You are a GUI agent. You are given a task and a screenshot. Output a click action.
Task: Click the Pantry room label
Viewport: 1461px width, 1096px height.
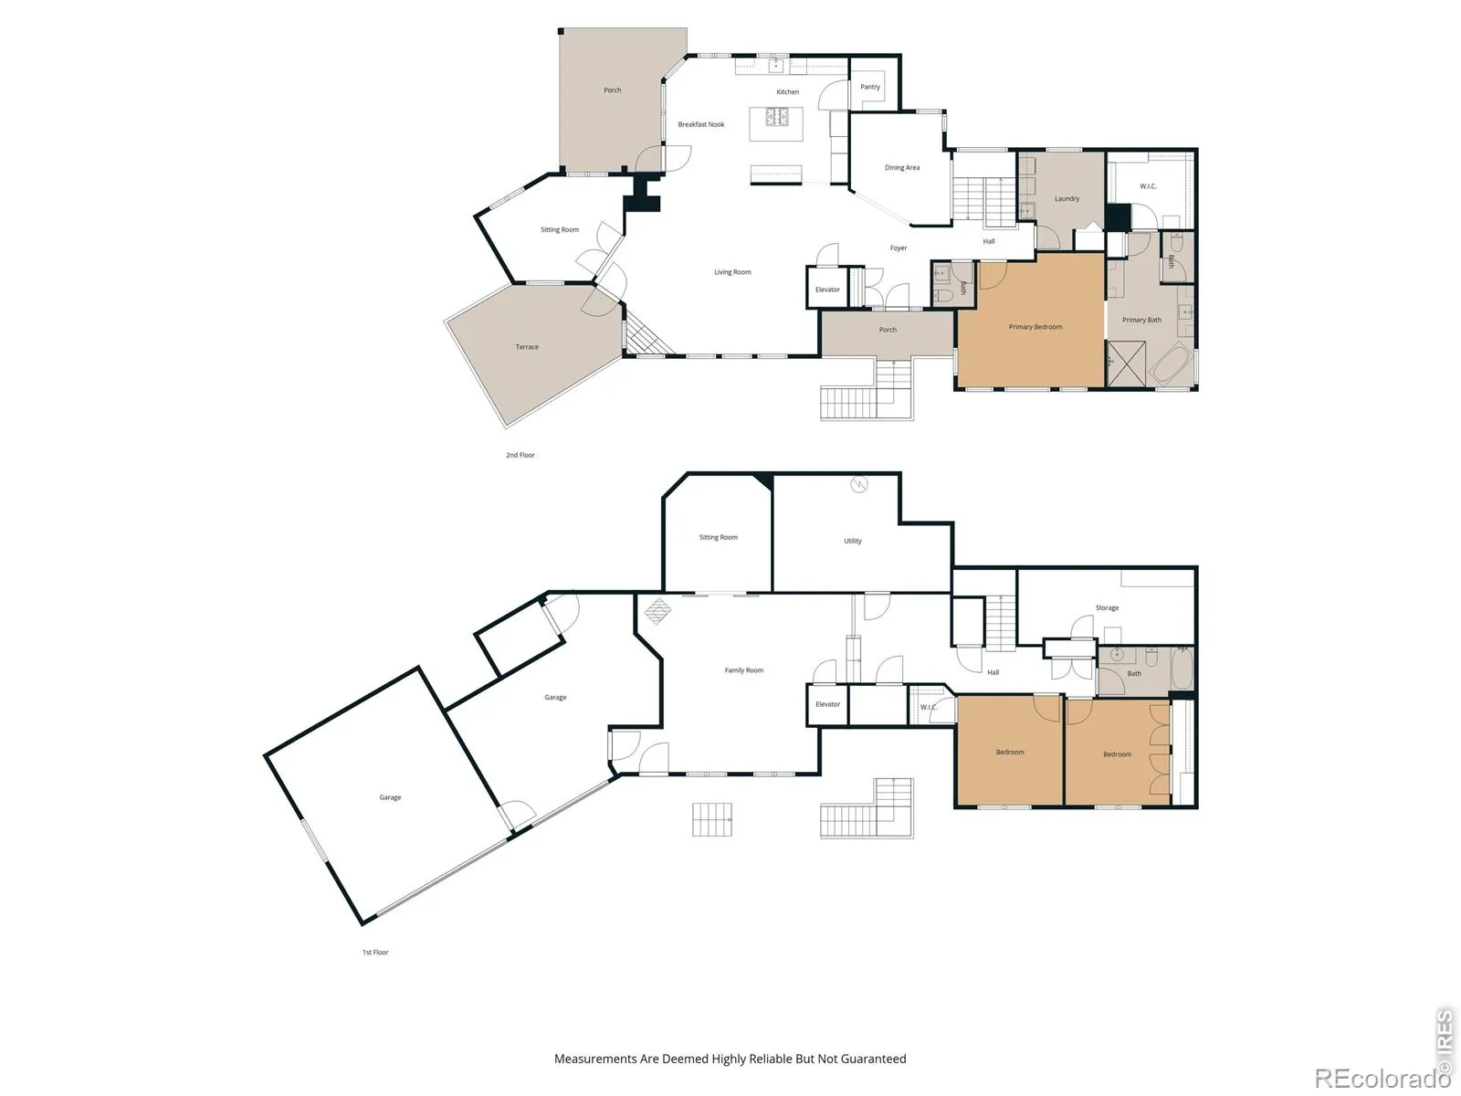[869, 87]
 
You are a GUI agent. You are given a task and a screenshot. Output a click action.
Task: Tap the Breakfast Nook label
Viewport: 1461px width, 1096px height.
[701, 124]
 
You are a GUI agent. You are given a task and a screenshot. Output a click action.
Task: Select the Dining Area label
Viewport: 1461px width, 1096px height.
[902, 168]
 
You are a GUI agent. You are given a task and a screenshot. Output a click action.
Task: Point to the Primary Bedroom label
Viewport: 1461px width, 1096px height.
[1035, 327]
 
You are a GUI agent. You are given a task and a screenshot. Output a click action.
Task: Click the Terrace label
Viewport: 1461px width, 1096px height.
[527, 347]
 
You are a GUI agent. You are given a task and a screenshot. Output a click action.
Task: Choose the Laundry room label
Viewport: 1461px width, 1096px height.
[1067, 198]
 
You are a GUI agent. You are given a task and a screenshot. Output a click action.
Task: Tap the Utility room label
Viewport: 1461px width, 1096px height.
[853, 541]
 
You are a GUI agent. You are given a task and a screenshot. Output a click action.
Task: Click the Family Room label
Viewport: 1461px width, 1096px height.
[743, 670]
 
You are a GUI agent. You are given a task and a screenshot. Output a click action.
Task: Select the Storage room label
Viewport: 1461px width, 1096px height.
[1107, 607]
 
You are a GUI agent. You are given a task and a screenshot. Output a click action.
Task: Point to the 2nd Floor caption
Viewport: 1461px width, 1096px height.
[520, 455]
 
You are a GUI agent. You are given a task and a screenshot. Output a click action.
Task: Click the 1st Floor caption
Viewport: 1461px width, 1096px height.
[375, 953]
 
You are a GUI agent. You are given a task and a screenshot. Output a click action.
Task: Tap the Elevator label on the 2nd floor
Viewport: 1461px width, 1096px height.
[827, 290]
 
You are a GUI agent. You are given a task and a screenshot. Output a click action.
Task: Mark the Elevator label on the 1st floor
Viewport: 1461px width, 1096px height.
[827, 704]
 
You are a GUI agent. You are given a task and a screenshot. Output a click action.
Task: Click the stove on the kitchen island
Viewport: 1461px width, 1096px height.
[777, 117]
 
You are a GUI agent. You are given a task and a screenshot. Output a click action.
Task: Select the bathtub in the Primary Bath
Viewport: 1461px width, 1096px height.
[1172, 364]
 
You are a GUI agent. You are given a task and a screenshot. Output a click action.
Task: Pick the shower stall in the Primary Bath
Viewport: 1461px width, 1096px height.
[1126, 364]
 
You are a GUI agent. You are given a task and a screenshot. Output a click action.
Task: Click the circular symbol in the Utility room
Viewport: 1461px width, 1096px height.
[858, 484]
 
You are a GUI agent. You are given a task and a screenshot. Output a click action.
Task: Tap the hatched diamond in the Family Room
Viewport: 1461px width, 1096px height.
[657, 611]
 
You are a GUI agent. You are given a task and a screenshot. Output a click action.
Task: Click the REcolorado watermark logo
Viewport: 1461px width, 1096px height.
[1382, 1078]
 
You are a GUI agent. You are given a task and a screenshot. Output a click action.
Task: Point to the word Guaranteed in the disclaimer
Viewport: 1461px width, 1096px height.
[873, 1059]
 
